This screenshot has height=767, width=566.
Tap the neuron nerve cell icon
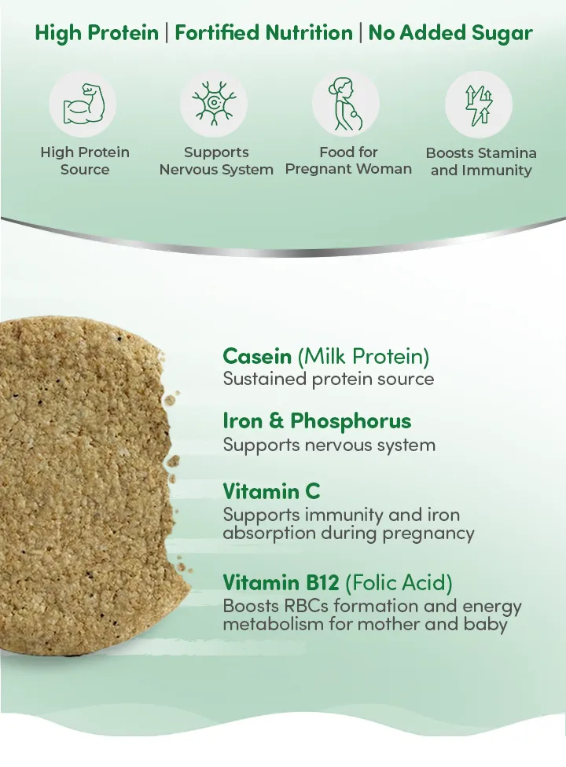(x=214, y=103)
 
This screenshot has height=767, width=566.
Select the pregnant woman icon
(x=347, y=104)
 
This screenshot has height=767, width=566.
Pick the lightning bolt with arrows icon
(x=478, y=105)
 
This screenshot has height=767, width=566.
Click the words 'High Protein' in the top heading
(x=97, y=33)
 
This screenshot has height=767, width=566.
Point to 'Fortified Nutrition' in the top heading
(x=263, y=33)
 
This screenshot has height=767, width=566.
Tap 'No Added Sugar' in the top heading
(x=450, y=33)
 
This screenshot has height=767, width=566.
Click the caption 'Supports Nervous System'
(x=216, y=161)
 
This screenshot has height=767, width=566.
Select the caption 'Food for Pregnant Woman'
(x=348, y=160)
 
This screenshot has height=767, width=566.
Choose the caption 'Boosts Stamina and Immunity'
(x=481, y=161)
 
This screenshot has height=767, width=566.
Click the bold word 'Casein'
(x=257, y=356)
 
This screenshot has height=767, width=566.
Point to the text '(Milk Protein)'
(x=363, y=357)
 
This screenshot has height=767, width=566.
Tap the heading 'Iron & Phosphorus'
(x=317, y=421)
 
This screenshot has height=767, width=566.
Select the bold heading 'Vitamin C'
(x=271, y=491)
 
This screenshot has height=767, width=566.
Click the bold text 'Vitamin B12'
(x=281, y=582)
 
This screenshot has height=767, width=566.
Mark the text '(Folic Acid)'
(x=399, y=583)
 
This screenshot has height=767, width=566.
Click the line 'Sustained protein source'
(x=329, y=379)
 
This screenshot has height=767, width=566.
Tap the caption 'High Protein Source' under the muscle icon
(x=85, y=161)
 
